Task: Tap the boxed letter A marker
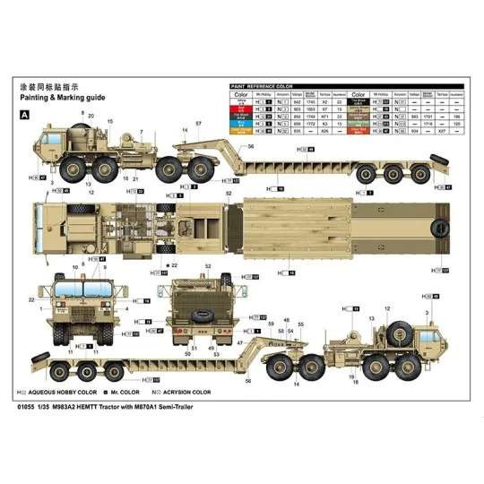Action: click(24, 115)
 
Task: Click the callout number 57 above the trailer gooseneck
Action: click(197, 122)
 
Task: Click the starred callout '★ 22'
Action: click(171, 266)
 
